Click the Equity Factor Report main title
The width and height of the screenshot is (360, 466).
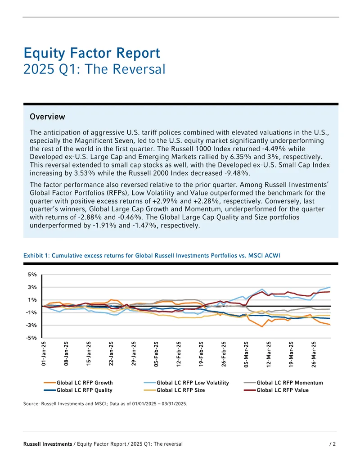tap(92, 53)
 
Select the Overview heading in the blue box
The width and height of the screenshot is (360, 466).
tap(47, 117)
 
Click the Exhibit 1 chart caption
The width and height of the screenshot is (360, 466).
tap(152, 256)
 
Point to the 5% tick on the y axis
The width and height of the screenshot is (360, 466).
tap(32, 275)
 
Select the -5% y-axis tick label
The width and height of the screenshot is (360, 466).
tap(31, 338)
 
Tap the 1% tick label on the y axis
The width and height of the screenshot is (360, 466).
tap(32, 300)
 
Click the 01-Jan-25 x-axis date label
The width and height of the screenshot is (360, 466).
tap(44, 353)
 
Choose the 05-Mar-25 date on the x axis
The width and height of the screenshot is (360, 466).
tap(246, 354)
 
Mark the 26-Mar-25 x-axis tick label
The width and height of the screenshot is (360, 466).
tap(314, 354)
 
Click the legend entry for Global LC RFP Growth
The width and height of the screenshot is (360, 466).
tap(78, 383)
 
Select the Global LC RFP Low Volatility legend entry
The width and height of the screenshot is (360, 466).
tap(186, 383)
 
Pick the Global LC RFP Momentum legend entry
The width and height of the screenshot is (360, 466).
tap(283, 383)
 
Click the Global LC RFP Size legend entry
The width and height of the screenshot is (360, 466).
tap(174, 390)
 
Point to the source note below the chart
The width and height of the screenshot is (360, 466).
tap(105, 403)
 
